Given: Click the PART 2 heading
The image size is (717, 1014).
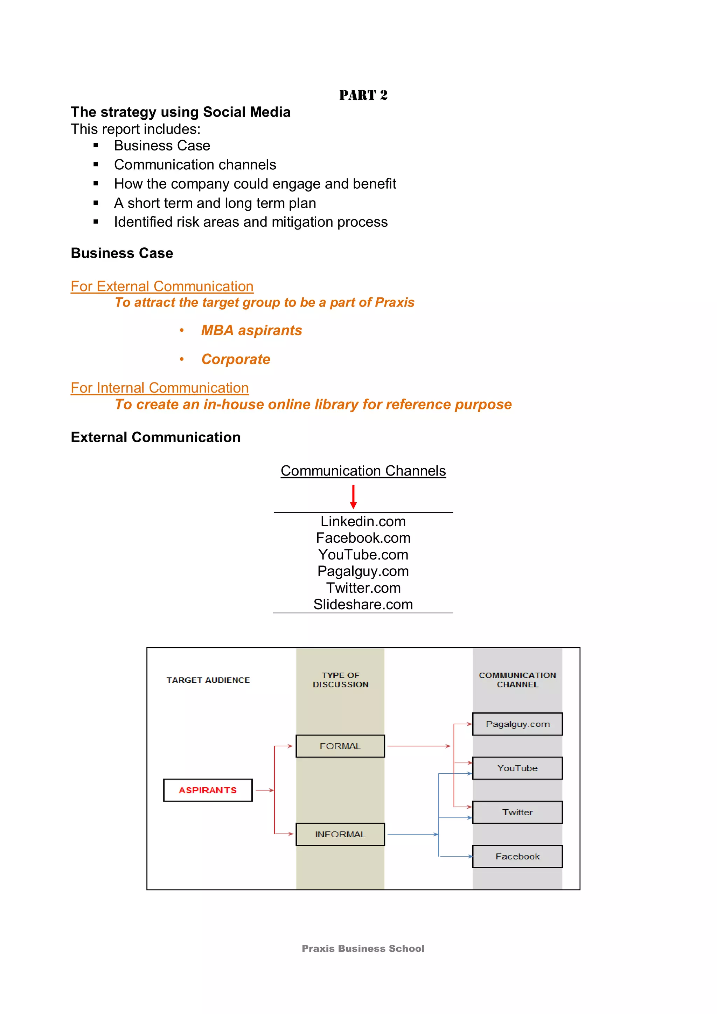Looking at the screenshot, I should click(363, 95).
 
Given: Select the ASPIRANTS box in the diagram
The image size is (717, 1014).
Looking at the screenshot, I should click(208, 790).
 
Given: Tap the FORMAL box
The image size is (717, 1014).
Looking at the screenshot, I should click(340, 746).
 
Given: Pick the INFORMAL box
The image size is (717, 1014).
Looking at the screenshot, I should click(340, 834).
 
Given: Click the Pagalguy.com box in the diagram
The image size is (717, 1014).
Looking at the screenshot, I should click(517, 724).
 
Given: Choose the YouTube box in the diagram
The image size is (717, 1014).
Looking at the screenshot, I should click(517, 768).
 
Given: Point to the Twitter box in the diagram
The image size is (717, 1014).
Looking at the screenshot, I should click(517, 812).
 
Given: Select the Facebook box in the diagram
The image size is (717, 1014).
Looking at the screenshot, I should click(517, 856).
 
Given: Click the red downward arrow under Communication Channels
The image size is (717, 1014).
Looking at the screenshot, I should click(353, 497).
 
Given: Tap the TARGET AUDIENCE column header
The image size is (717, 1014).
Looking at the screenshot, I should click(208, 680).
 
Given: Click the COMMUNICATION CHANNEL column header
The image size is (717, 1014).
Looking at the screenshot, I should click(517, 680).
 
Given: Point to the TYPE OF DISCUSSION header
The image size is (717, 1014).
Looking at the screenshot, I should click(340, 680).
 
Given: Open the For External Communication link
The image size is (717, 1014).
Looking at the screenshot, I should click(162, 286).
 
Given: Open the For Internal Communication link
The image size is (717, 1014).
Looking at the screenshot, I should click(160, 388).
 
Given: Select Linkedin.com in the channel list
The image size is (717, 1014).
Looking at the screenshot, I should click(363, 522).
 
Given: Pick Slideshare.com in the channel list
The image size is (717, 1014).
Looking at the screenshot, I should click(363, 604).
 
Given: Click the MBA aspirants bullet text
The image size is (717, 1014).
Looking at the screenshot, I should click(251, 330).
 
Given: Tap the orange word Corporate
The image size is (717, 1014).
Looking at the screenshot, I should click(236, 359).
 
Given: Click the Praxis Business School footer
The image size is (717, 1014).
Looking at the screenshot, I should click(363, 948).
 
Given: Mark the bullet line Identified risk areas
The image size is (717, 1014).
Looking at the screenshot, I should click(250, 222).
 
